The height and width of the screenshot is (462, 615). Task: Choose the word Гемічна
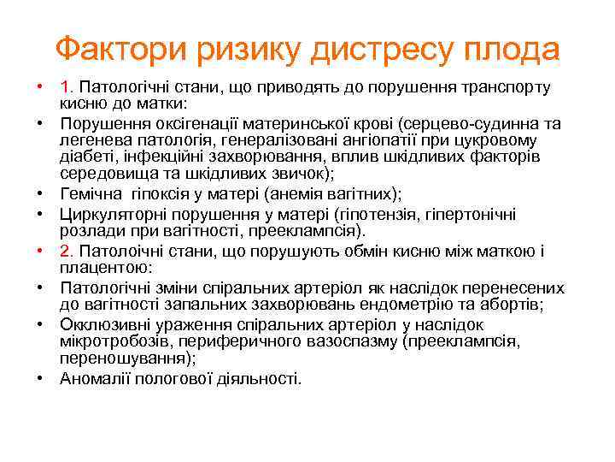tap(89, 194)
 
